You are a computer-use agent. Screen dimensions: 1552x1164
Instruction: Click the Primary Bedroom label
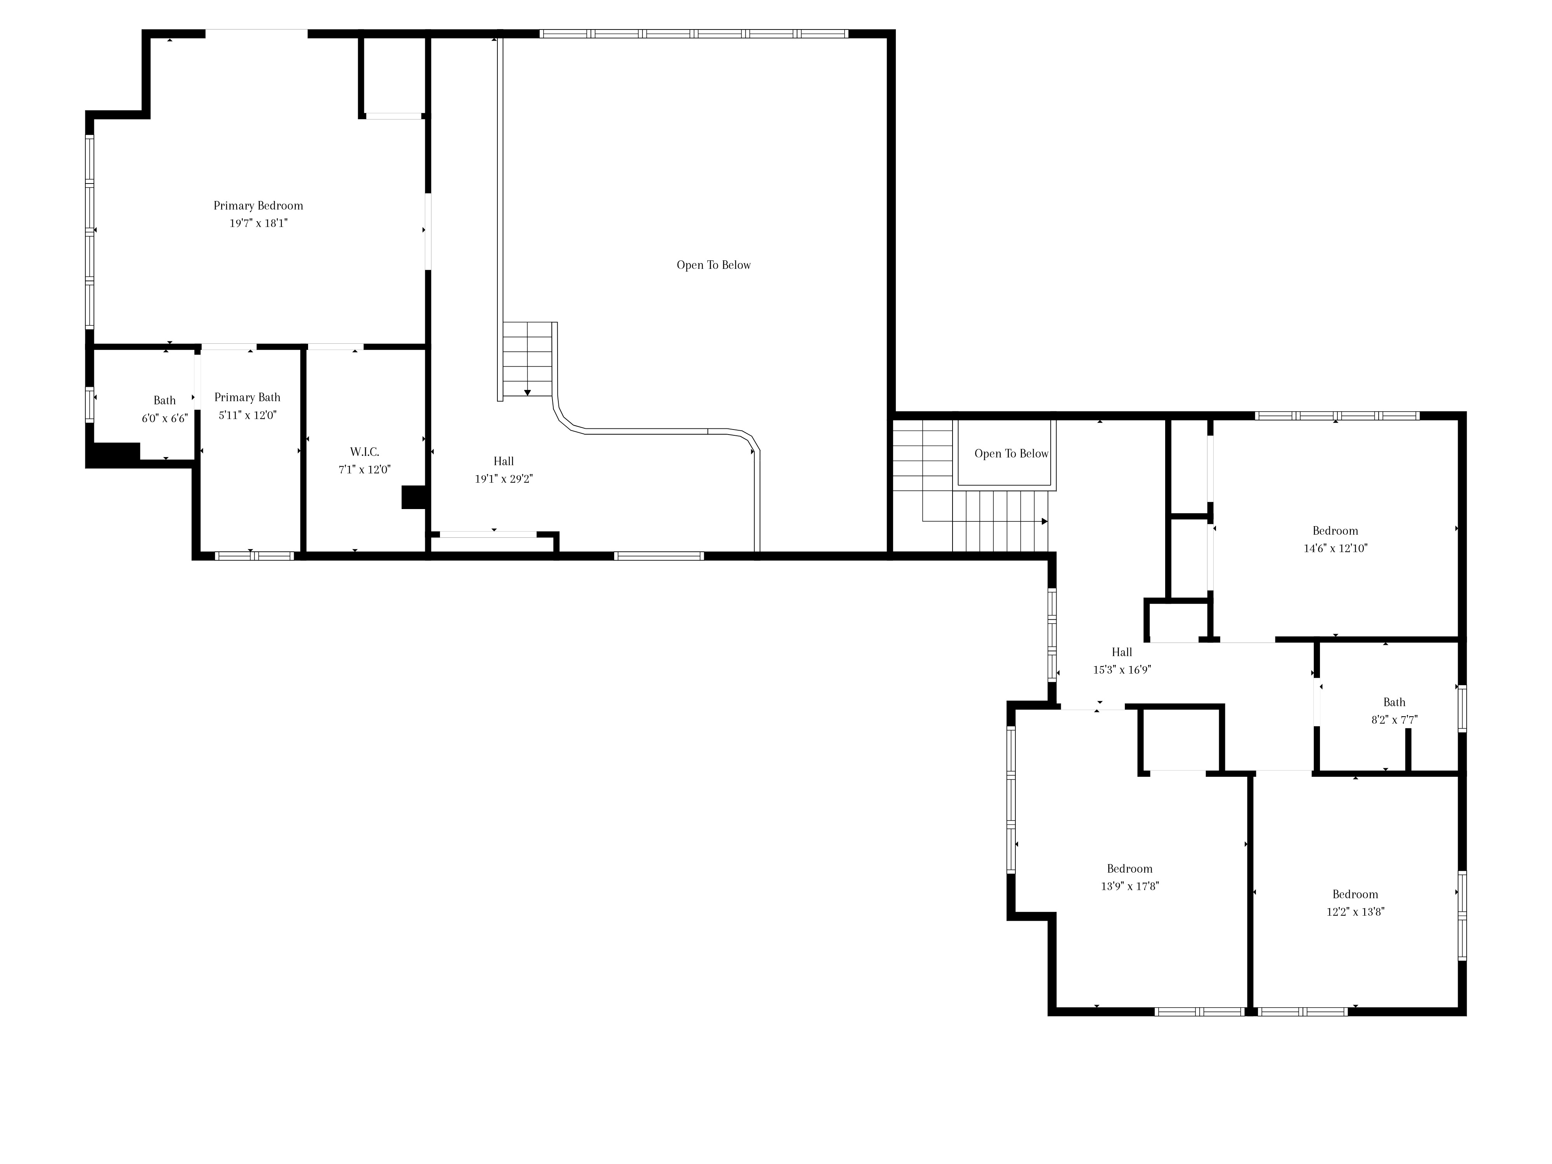(x=258, y=206)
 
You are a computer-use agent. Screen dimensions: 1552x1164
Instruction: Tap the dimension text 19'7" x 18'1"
(x=258, y=223)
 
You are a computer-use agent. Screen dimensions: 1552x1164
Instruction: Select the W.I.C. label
(x=365, y=452)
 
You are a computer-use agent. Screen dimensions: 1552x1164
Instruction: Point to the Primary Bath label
(x=247, y=397)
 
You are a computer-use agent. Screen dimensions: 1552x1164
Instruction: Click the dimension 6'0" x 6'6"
(x=165, y=418)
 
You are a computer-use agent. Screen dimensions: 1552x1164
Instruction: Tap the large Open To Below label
(x=714, y=265)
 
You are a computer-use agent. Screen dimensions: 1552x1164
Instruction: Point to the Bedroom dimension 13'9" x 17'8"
(x=1129, y=886)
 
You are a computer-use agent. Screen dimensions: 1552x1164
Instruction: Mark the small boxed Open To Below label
(x=1011, y=454)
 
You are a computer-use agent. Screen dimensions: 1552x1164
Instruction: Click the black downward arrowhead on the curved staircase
(x=527, y=393)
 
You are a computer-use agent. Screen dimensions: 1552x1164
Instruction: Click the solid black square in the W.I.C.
(x=415, y=497)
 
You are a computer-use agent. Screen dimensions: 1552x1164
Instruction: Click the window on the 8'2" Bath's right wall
(x=1462, y=708)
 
